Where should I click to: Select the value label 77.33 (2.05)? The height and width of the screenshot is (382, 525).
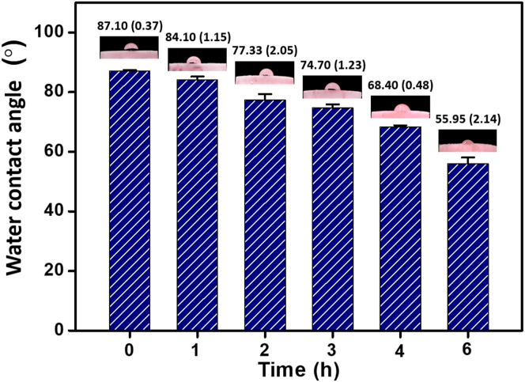pyautogui.click(x=262, y=51)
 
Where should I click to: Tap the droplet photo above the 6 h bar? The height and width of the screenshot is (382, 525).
pyautogui.click(x=467, y=142)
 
